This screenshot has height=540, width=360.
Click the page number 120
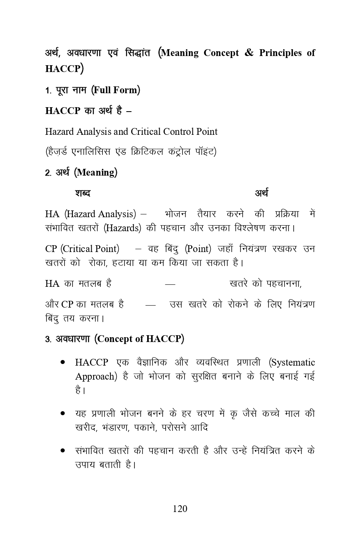(x=180, y=509)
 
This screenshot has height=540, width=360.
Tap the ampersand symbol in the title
(x=249, y=53)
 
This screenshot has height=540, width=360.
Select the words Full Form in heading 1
(x=116, y=90)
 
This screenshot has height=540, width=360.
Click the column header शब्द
(x=82, y=193)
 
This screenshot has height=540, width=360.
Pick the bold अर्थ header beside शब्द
(x=262, y=193)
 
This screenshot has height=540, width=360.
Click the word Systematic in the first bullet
(x=293, y=362)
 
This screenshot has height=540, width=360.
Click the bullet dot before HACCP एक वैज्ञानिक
(x=63, y=363)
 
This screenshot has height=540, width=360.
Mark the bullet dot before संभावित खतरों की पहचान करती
(x=63, y=451)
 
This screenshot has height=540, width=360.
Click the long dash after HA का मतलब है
(x=170, y=284)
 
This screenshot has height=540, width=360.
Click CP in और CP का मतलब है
(x=67, y=304)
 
